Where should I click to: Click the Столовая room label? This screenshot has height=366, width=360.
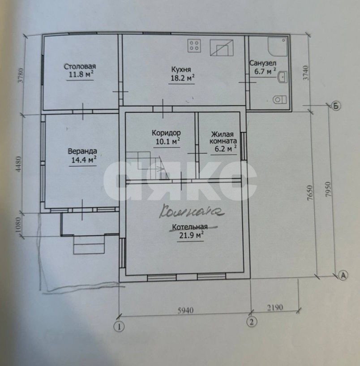coord(80,66)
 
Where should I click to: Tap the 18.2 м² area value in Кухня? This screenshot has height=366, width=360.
coord(183,78)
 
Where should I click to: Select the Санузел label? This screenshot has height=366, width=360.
coord(263,63)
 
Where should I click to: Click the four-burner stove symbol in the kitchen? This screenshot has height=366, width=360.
coord(194,46)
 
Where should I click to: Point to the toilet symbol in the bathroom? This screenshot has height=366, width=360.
coord(279,100)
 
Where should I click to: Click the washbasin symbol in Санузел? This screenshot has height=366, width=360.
coord(283,77)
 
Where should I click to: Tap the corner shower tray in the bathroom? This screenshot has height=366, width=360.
coord(278,47)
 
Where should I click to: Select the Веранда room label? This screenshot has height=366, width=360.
coord(82,151)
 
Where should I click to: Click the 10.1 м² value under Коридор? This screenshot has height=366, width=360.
coord(168,141)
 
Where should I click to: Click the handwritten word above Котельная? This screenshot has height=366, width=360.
coord(192,211)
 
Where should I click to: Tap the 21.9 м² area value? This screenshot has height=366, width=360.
coord(191,235)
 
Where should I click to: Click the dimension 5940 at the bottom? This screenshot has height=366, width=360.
coord(185,310)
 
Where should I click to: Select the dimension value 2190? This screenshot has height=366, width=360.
coord(275,307)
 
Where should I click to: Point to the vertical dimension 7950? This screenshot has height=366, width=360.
coord(328,189)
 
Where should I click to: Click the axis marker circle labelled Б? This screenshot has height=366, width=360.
coord(336,106)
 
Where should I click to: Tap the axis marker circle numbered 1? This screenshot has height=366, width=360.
coord(119,326)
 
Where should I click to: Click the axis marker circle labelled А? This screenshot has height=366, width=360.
coord(343,275)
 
